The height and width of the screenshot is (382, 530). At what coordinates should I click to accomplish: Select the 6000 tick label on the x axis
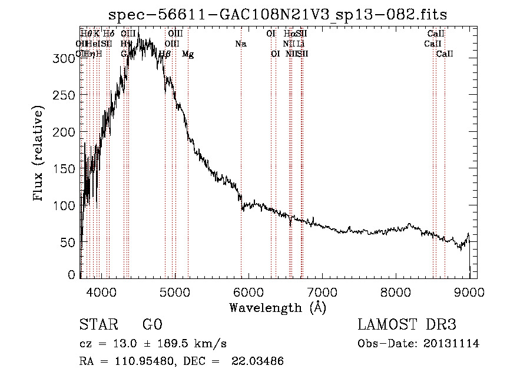pos(248,290)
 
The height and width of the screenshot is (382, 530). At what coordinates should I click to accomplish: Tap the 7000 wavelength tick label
pos(322,290)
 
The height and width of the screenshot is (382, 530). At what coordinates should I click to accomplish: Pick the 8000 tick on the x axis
pos(396,290)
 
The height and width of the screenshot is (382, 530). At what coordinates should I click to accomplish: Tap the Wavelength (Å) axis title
pos(277,307)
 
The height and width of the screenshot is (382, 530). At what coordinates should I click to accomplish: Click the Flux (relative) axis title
pos(39,154)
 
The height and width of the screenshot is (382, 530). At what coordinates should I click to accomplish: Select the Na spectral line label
pos(240,44)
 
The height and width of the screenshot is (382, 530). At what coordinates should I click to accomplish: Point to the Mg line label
pos(188,54)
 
